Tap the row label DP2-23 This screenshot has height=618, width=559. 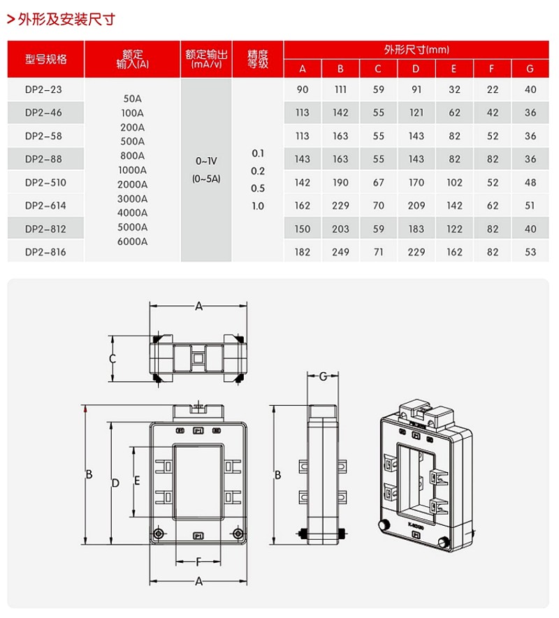point(44,90)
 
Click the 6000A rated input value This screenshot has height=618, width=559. point(133,242)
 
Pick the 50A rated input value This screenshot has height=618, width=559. point(133,98)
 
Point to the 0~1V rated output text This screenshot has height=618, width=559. point(206,161)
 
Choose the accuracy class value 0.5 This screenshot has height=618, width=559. point(258,189)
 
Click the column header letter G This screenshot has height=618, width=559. point(530,68)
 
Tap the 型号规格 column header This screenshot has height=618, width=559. point(46,59)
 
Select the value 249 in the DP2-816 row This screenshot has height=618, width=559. point(340,252)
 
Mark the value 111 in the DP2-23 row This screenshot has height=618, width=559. point(340,90)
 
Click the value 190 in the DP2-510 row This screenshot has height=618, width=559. point(340,182)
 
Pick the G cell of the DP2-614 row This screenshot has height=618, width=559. point(530,206)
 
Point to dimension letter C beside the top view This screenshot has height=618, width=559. point(112,359)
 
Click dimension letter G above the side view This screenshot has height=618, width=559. point(322,377)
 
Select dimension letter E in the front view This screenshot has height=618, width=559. point(138,480)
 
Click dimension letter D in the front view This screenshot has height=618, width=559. point(116,483)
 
